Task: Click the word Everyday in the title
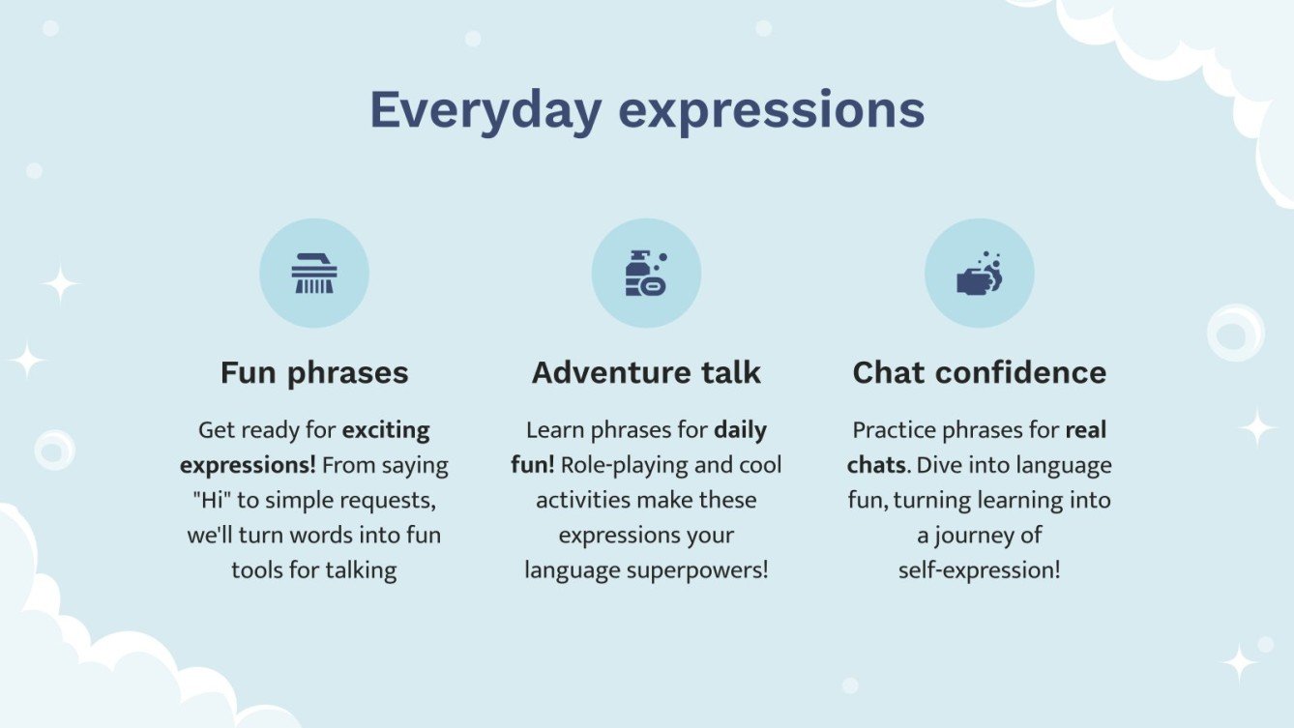(x=485, y=111)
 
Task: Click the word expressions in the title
(x=771, y=112)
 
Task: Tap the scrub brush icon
(x=314, y=273)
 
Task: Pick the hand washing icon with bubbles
(x=980, y=274)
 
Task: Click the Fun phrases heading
(x=314, y=373)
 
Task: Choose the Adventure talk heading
(x=646, y=372)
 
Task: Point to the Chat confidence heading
(x=979, y=372)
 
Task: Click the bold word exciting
(x=386, y=431)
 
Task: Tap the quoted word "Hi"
(x=212, y=500)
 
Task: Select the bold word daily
(x=740, y=431)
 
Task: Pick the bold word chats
(x=876, y=465)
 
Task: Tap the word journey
(x=975, y=537)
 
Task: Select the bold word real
(x=1086, y=430)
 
